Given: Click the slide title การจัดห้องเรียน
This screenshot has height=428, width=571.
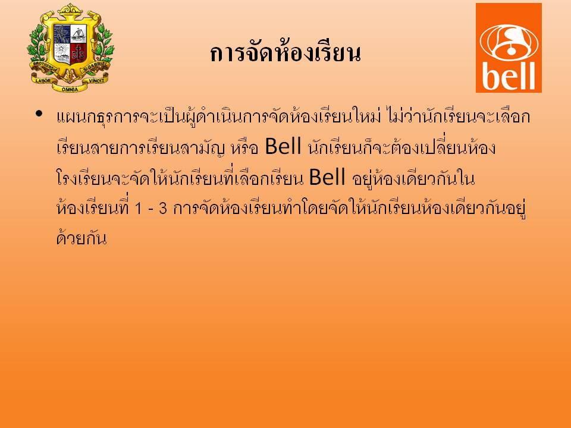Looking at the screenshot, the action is coord(285,53).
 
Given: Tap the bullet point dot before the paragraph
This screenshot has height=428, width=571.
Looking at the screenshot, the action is coord(39,114).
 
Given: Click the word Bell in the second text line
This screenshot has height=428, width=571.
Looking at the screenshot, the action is coord(283,146).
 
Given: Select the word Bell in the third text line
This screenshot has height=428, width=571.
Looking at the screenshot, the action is coord(327,177).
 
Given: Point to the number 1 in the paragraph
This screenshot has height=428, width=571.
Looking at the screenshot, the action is coord(138,209).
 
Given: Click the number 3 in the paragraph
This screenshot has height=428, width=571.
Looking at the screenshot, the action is coord(163,209).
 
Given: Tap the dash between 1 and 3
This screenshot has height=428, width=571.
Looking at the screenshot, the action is coord(150,210).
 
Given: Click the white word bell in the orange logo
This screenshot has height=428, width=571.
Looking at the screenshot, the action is coord(509,75).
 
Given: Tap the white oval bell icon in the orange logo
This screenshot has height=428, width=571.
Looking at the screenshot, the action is coord(509,42).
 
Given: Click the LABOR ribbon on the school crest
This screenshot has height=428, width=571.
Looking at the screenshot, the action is coord(43,80).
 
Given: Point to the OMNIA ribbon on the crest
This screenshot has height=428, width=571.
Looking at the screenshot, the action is coord(70,89).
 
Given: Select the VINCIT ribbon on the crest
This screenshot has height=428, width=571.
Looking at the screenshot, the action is coord(96,80).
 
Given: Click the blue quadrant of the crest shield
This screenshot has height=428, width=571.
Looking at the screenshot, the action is coord(62,34).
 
